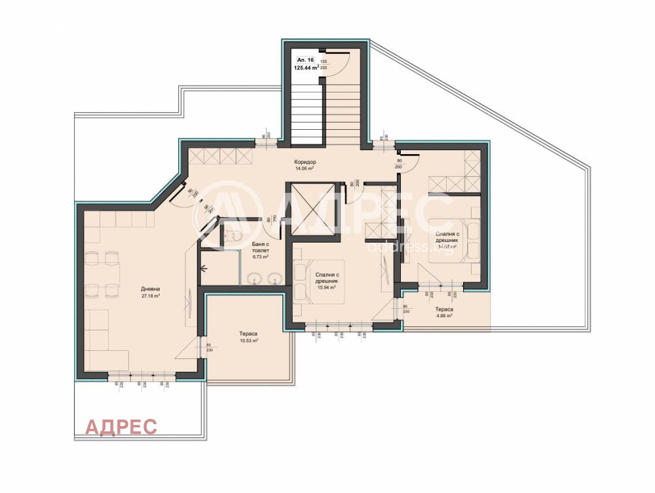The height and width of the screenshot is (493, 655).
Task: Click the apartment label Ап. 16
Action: pyautogui.click(x=305, y=60)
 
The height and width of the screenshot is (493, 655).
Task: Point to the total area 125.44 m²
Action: pyautogui.click(x=307, y=67)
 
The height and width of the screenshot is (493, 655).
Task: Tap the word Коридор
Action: pyautogui.click(x=305, y=162)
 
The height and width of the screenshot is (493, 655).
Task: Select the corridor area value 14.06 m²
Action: pyautogui.click(x=305, y=168)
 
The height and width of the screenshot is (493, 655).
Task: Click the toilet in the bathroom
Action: pyautogui.click(x=234, y=234)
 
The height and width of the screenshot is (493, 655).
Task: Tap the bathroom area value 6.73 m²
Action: pyautogui.click(x=261, y=256)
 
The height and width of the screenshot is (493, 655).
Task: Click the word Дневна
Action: pyautogui.click(x=151, y=289)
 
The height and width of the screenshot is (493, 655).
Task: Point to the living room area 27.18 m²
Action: pyautogui.click(x=151, y=296)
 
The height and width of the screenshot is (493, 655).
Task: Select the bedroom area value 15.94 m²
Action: pyautogui.click(x=326, y=287)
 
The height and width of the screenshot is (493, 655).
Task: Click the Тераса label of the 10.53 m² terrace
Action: pyautogui.click(x=248, y=334)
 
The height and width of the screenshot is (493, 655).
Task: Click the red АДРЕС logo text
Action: pyautogui.click(x=122, y=427)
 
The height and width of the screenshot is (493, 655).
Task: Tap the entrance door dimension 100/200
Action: pyautogui.click(x=323, y=64)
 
